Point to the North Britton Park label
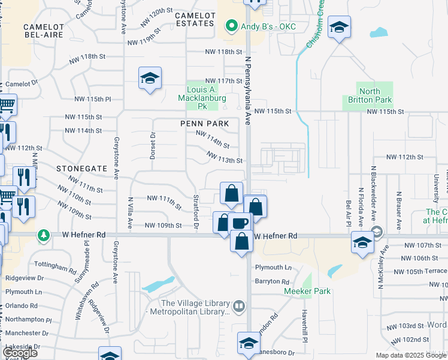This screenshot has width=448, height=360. [370, 95]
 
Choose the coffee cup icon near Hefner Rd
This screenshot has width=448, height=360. [241, 223]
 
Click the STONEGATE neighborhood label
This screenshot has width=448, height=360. [81, 169]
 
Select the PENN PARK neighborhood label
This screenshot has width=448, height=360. [205, 124]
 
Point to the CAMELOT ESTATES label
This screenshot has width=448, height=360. [186, 19]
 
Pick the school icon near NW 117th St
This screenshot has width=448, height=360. [150, 79]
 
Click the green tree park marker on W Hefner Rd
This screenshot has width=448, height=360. [43, 235]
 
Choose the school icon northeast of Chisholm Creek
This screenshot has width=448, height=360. [340, 28]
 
